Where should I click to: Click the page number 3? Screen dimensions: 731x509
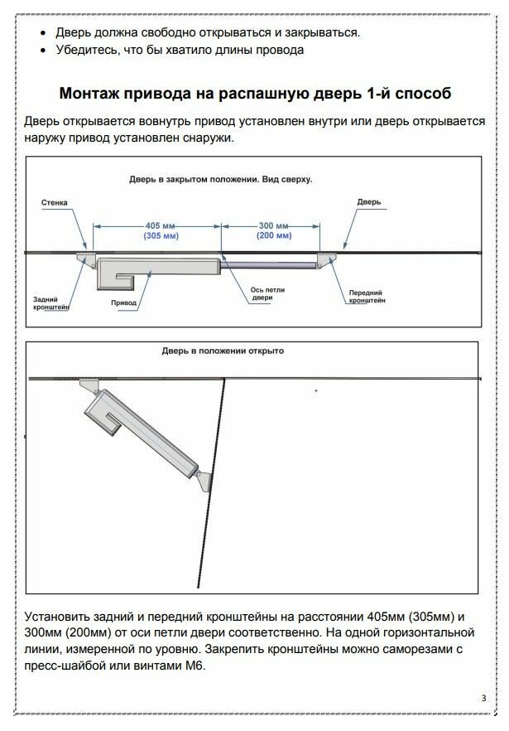483,698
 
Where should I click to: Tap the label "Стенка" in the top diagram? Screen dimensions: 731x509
55,201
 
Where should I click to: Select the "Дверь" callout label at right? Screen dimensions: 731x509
368,201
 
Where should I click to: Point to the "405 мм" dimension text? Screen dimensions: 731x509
157,225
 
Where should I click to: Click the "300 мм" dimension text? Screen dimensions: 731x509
273,225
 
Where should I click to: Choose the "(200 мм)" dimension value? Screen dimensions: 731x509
273,236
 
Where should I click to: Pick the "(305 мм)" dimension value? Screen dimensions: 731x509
157,236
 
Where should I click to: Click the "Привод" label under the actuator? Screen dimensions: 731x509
123,303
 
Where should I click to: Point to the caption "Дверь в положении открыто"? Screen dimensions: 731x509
223,351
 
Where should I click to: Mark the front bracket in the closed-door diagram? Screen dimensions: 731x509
325,261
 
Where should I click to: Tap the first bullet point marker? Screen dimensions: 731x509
43,33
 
